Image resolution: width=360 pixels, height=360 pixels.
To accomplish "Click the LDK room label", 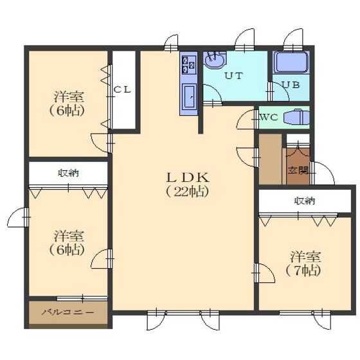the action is [188, 177].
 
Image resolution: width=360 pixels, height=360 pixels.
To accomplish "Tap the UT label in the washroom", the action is [233, 76].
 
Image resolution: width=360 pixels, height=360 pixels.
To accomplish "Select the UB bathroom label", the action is [291, 85].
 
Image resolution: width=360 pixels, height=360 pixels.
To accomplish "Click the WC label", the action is [269, 118].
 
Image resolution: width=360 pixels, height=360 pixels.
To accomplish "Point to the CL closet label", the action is [123, 90].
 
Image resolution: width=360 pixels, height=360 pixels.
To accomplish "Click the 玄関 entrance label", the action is [298, 170].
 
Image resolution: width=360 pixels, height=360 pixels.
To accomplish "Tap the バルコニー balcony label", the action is [68, 312].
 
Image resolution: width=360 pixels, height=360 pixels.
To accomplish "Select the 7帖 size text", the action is [303, 271].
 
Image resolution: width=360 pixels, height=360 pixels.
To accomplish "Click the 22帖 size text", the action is [187, 192].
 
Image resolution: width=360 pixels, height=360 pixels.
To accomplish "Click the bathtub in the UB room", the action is [291, 62].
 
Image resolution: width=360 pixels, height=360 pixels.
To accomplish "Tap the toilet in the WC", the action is [296, 118].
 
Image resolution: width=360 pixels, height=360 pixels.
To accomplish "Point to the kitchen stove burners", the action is [188, 65].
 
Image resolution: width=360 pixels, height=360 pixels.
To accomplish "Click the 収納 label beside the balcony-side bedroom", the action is [68, 173].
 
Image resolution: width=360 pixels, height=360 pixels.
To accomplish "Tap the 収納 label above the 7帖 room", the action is [305, 201].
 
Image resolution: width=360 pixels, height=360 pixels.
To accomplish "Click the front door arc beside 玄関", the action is [325, 173].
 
